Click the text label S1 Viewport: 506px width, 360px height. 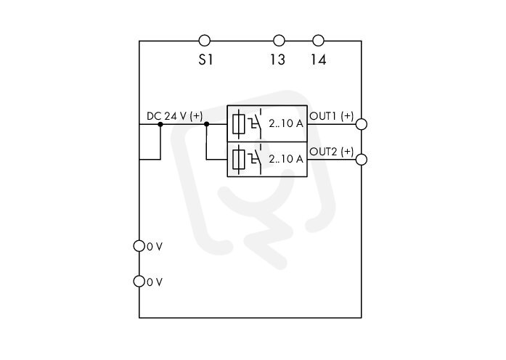coord(205,60)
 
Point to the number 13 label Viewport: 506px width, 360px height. coord(277,60)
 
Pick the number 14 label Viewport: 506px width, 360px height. coord(319,60)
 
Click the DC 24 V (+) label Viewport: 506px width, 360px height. coord(174,116)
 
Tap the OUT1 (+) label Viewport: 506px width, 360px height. coord(332,116)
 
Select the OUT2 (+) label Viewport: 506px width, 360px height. coord(332,151)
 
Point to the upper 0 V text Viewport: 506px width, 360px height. coord(155,247)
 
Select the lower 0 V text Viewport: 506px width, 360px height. coord(155,282)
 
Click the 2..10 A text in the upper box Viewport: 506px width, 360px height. coord(286,123)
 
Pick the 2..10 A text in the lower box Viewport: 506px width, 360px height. coord(286,159)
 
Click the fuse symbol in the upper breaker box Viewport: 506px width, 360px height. coord(239,123)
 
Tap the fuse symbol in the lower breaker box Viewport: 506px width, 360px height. coord(239,159)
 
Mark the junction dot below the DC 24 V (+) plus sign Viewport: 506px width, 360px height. coord(207,124)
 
